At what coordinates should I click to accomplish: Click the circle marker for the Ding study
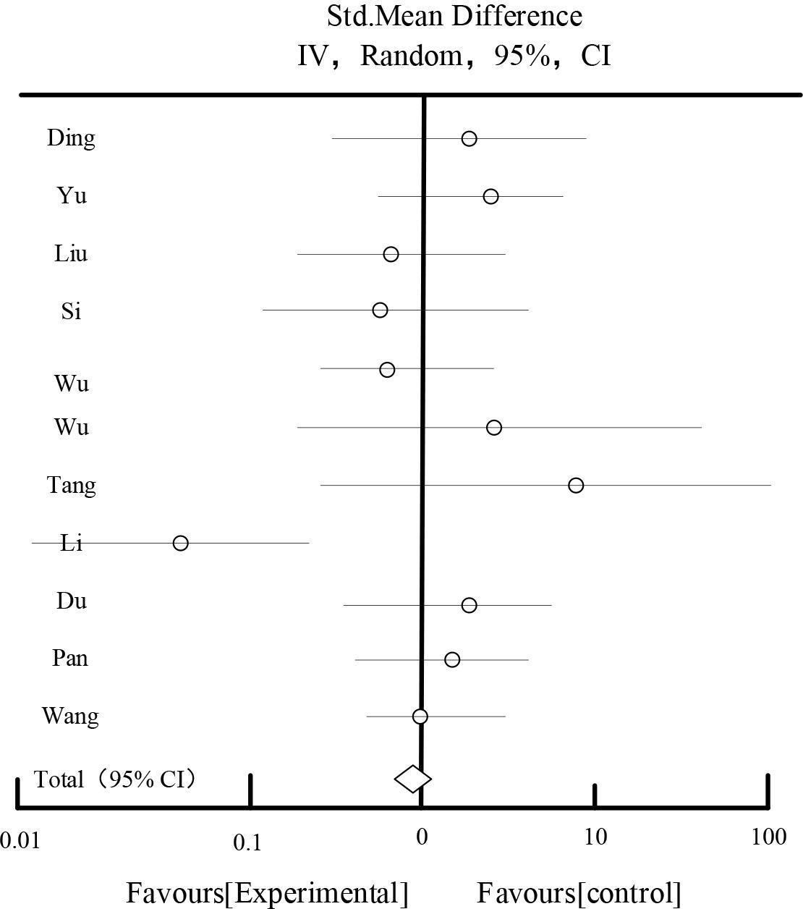[469, 138]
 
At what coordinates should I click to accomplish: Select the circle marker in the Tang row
[575, 485]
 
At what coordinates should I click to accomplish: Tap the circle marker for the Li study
[180, 543]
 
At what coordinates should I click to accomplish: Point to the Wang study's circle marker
[420, 716]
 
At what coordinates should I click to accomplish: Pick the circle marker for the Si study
[380, 310]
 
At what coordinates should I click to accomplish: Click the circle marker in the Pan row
[452, 659]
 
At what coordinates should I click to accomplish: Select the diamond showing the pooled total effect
[413, 779]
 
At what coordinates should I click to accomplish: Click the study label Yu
[72, 195]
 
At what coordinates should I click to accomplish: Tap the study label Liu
[71, 253]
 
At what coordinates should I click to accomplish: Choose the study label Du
[71, 601]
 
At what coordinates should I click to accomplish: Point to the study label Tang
[71, 485]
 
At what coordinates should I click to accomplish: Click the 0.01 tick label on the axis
[19, 840]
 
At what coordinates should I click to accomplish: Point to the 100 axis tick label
[769, 837]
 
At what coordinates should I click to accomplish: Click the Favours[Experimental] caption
[268, 892]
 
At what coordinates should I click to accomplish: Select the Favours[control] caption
[579, 892]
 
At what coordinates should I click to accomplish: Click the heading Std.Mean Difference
[454, 16]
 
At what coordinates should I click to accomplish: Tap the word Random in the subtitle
[410, 55]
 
